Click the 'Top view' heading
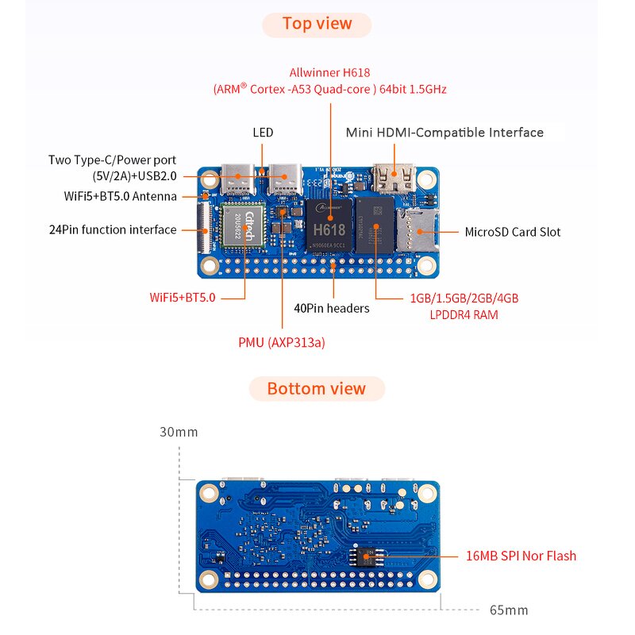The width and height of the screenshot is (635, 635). coord(317,24)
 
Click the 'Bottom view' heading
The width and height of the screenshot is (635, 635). coord(317,389)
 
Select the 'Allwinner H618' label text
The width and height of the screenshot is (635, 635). coord(329,72)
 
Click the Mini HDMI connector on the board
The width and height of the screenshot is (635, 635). coord(394,179)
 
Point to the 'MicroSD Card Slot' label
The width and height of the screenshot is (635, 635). coord(512,233)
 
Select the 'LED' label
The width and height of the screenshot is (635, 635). coord(263,133)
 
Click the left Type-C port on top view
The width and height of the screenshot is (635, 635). coord(237,179)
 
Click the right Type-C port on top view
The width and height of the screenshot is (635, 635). coord(283,179)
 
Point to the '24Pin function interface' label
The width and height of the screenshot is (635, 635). coord(112,230)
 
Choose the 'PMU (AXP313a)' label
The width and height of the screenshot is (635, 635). coord(282,343)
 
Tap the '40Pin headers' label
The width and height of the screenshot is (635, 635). coord(331,308)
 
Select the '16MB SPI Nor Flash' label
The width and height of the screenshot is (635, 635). coord(521,556)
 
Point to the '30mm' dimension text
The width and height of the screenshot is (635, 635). coord(179,433)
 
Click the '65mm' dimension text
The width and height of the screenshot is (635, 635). coord(509,610)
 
